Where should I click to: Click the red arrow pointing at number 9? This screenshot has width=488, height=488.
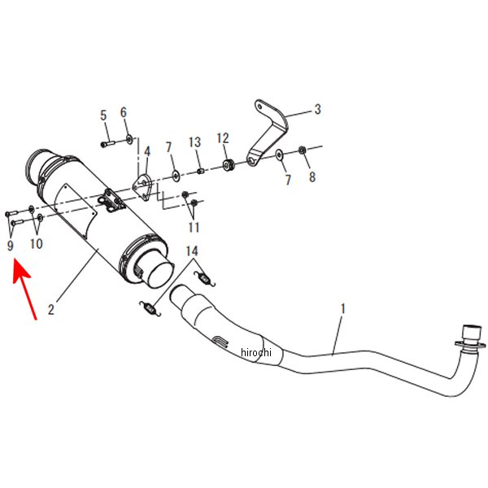pos(24,290)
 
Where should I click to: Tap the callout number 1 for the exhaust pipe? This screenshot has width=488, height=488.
pos(342,309)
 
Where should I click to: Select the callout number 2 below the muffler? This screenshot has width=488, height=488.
pos(51,309)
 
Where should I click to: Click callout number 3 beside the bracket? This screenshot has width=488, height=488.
pos(317,109)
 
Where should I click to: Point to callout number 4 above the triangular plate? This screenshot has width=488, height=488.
pos(147,151)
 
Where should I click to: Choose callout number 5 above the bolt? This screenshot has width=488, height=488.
pos(103,115)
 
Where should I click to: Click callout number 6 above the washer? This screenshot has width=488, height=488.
pos(124,112)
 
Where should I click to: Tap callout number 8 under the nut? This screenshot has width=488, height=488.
pos(312,176)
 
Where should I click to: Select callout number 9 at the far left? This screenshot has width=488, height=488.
pos(11,246)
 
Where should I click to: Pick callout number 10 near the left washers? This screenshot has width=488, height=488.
pos(36,244)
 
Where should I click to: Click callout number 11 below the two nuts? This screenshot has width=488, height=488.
pos(194,227)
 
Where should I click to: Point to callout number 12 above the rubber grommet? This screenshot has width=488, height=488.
pos(223,138)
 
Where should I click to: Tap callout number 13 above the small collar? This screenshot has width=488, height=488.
pos(195,142)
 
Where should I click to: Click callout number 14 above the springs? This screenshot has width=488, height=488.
pos(192,251)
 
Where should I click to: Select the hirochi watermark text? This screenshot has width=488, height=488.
pos(256,352)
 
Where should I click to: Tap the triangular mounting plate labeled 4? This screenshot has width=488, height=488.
pos(143,187)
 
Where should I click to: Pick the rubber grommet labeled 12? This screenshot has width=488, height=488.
pos(229,164)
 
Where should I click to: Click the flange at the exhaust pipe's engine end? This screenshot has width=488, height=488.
pos(470,345)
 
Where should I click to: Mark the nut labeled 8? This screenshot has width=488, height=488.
pos(302,150)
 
